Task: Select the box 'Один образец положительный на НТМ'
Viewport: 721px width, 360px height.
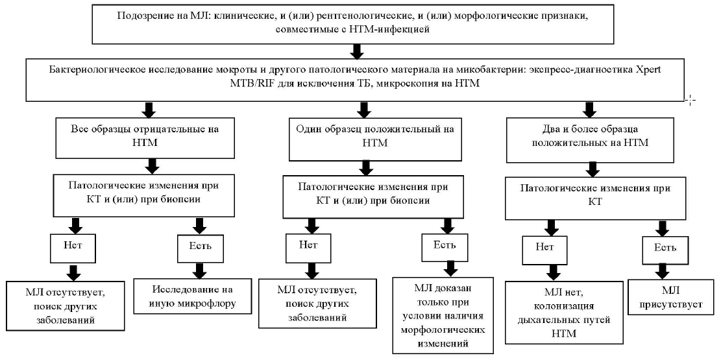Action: (x=374, y=138)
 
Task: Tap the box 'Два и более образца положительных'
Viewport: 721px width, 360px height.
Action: (x=590, y=139)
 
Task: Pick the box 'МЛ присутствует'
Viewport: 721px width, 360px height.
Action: (x=671, y=297)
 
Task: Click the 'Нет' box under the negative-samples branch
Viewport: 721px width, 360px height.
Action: (x=73, y=248)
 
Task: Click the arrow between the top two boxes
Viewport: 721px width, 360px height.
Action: (x=356, y=50)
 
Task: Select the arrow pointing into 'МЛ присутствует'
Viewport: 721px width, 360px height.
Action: (x=663, y=270)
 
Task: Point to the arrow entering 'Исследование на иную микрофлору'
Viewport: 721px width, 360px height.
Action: (x=200, y=270)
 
